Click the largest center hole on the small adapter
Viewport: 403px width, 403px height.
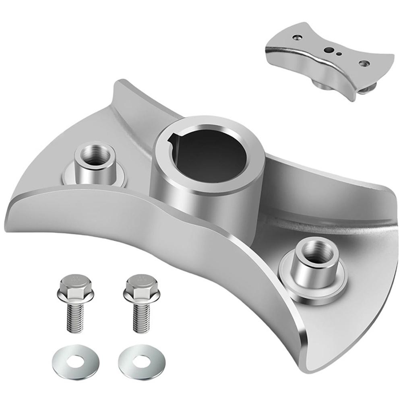click(330, 50)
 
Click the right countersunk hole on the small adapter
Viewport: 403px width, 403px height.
click(364, 63)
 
